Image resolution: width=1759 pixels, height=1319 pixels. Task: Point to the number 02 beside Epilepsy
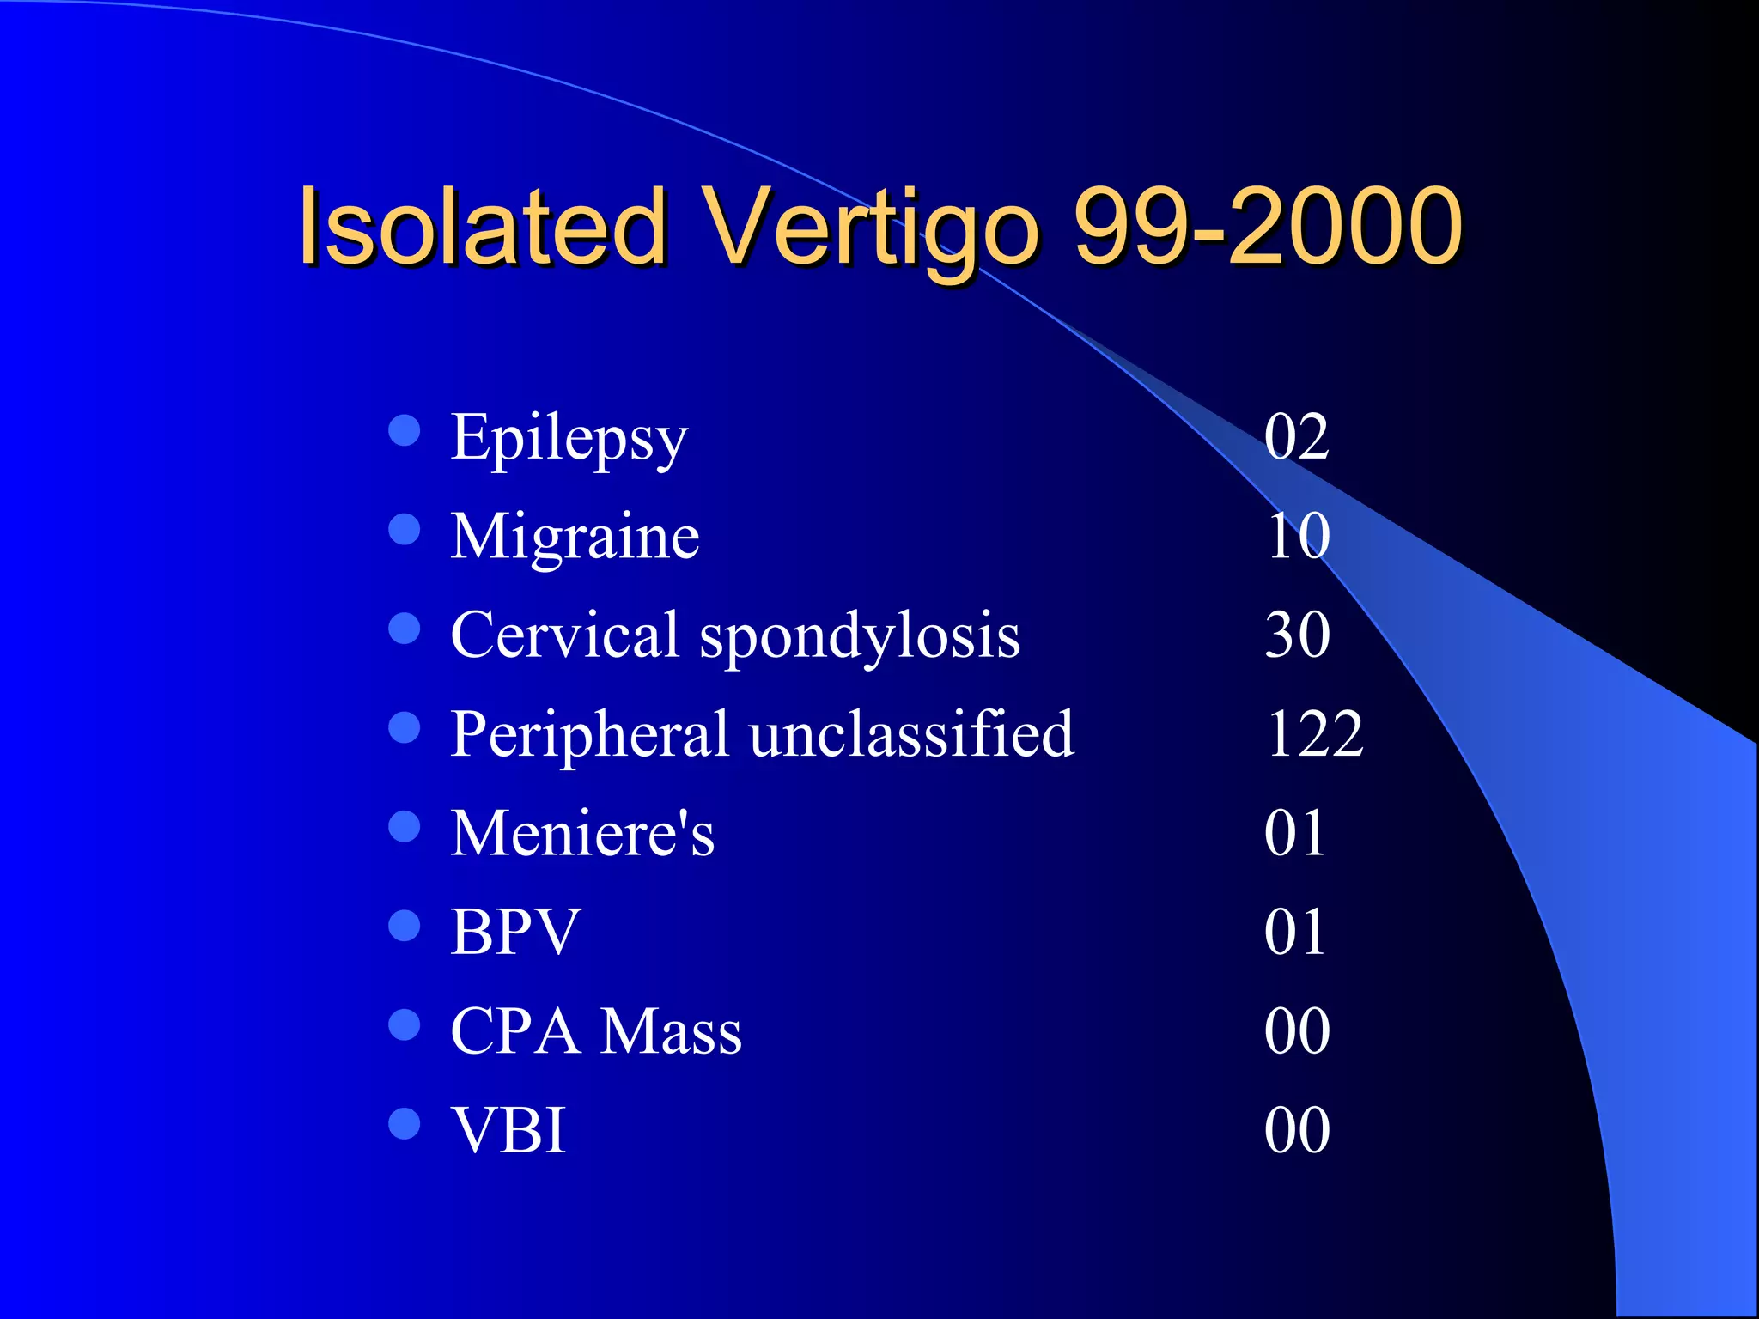1296,437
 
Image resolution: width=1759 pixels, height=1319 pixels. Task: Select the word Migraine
575,537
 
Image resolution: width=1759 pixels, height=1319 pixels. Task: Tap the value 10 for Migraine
1298,537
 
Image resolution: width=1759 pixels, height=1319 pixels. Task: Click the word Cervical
565,635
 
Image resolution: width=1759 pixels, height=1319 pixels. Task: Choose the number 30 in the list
1297,635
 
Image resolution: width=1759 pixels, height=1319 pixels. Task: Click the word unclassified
911,734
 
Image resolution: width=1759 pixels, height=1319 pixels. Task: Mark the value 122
1314,734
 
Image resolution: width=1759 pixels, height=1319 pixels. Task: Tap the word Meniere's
582,833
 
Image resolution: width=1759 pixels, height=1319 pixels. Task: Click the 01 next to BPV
1294,932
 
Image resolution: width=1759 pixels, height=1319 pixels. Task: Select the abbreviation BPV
515,932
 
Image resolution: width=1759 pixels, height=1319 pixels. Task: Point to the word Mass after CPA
671,1031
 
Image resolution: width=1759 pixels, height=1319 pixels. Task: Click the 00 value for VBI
1297,1130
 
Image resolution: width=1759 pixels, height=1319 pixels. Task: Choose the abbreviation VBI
508,1130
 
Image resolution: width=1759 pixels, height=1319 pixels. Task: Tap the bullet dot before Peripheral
404,727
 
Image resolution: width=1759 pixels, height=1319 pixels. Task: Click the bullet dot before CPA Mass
404,1024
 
